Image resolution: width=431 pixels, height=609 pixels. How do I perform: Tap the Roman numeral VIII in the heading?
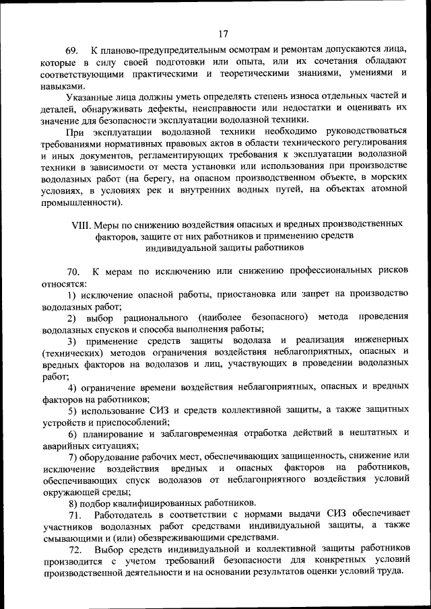point(81,223)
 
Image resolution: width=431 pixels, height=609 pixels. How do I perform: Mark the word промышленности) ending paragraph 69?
point(82,202)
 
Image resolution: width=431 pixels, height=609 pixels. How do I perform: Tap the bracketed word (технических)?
point(73,352)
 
